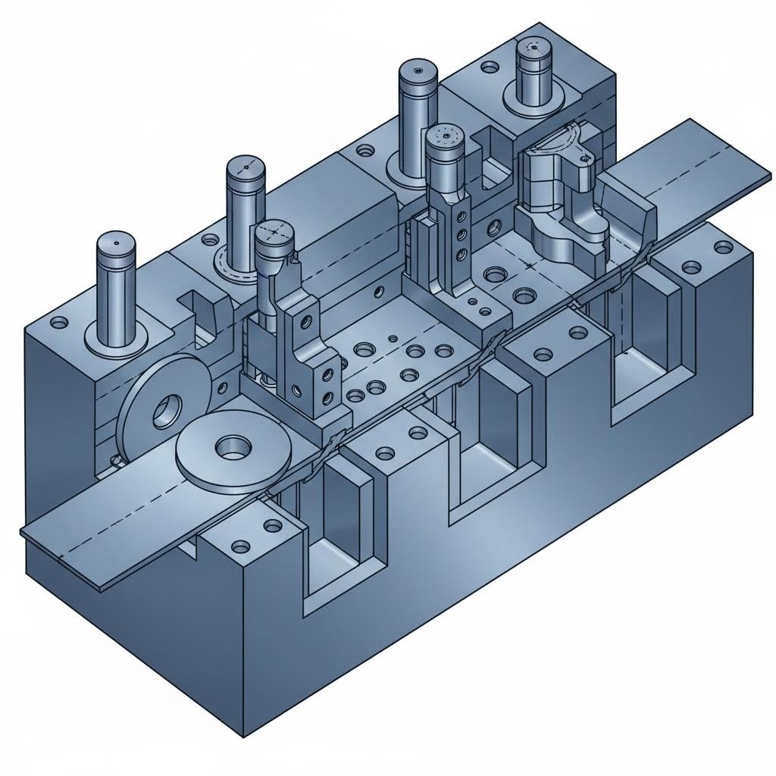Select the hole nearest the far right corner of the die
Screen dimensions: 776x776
[x=721, y=247]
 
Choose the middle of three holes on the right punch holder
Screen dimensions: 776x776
[x=459, y=235]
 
